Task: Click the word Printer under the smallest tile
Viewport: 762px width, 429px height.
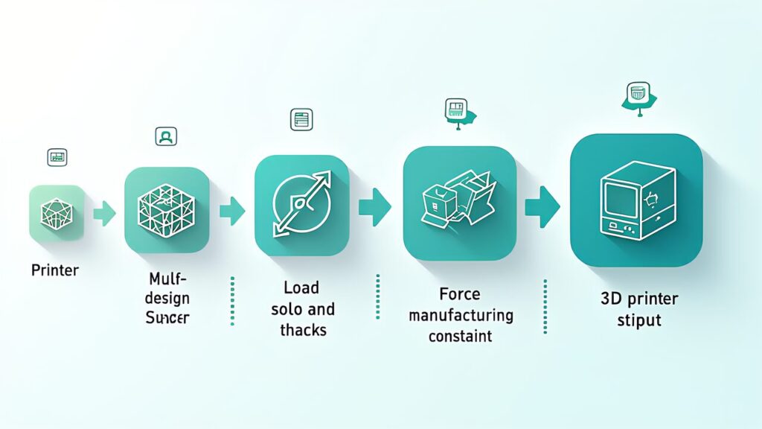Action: tap(54, 270)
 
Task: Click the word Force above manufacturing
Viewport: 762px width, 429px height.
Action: tap(461, 295)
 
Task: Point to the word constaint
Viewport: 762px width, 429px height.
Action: tap(461, 335)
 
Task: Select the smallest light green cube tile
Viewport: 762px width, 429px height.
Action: tap(57, 213)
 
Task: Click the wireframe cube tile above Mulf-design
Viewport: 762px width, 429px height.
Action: tap(167, 209)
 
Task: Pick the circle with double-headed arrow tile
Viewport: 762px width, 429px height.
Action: tap(301, 205)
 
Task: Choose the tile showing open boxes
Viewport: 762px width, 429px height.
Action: tap(459, 202)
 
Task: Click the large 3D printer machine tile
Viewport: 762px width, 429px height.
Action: tap(636, 200)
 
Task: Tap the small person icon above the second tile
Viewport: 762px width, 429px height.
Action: tap(166, 136)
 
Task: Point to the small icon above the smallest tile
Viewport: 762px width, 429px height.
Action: tap(57, 157)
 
